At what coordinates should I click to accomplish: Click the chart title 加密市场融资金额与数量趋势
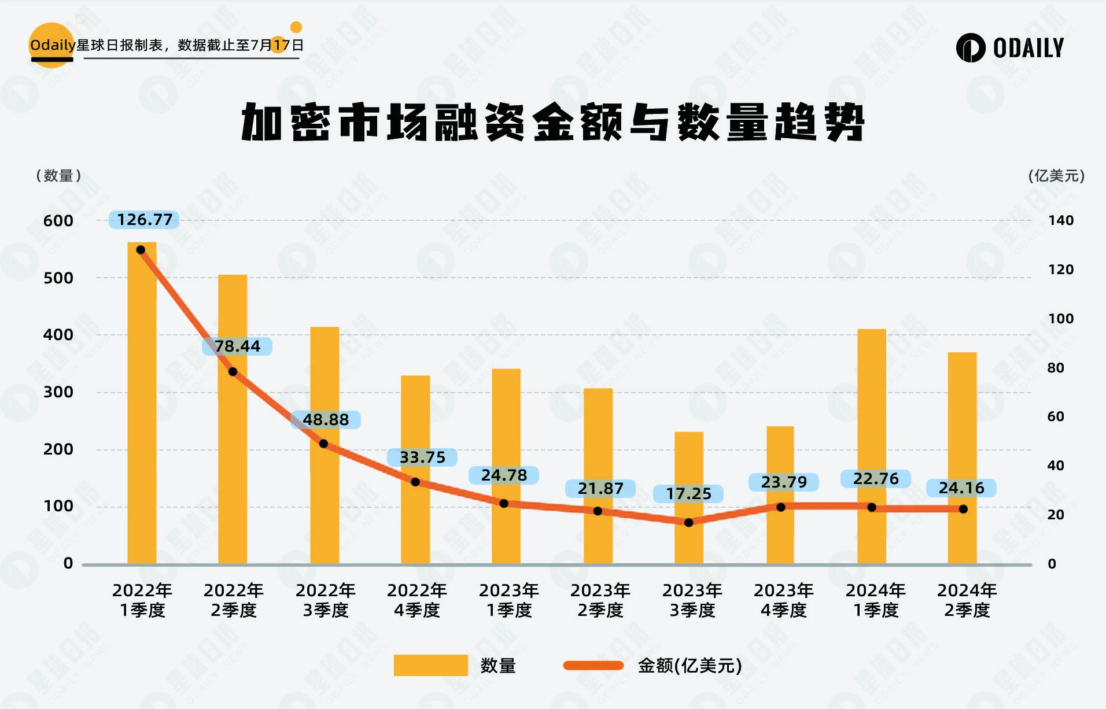[x=552, y=123]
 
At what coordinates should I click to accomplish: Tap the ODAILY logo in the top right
[x=1010, y=47]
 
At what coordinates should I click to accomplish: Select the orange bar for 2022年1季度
[x=142, y=405]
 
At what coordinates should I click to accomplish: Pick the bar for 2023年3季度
[x=689, y=497]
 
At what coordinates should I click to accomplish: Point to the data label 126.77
[x=145, y=220]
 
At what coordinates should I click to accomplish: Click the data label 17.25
[x=688, y=494]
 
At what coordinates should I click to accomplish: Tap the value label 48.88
[x=326, y=420]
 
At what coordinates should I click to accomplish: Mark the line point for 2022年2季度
[x=233, y=372]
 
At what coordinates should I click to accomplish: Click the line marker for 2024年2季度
[x=963, y=509]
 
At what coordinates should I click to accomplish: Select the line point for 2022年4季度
[x=415, y=482]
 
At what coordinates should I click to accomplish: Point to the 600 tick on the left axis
[x=58, y=221]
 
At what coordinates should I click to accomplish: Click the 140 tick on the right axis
[x=1061, y=220]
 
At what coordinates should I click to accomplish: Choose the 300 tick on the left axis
[x=58, y=392]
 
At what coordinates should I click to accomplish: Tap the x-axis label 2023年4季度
[x=784, y=600]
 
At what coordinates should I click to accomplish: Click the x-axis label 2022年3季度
[x=326, y=600]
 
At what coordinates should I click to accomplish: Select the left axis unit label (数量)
[x=58, y=176]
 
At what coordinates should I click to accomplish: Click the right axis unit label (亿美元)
[x=1056, y=176]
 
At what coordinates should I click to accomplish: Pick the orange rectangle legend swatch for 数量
[x=430, y=665]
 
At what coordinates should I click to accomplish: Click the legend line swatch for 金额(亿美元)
[x=593, y=666]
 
